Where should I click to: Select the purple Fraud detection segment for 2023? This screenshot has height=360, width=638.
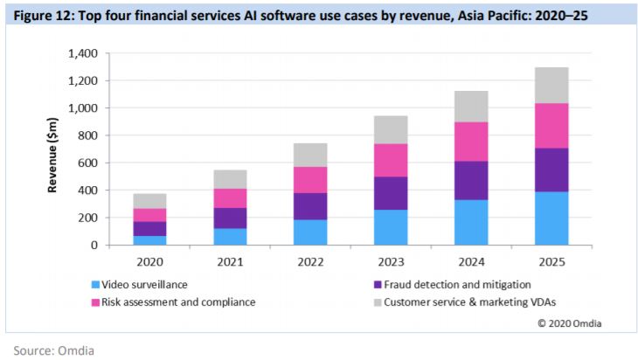pyautogui.click(x=392, y=193)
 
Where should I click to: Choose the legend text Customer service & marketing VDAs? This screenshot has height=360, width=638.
pyautogui.click(x=457, y=302)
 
